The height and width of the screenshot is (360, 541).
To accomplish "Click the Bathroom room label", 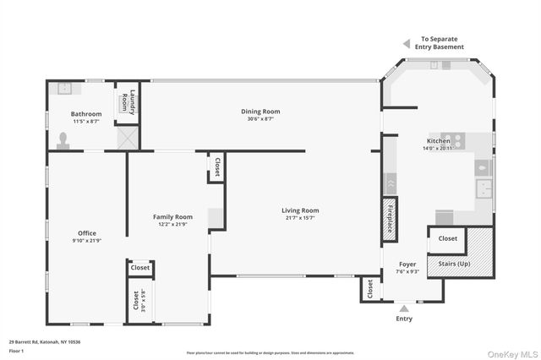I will pos(86,113).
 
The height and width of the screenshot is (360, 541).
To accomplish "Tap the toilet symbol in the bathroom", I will pos(63,141).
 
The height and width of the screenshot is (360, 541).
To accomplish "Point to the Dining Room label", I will pos(260,111).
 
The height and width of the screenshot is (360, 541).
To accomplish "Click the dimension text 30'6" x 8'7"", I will pos(260,118).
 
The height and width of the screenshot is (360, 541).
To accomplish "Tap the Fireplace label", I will pos(390,217).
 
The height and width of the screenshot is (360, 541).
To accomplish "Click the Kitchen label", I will pos(438,140).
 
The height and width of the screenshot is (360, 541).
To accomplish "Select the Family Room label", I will pos(172,217).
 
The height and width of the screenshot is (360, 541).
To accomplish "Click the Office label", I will pos(86,233).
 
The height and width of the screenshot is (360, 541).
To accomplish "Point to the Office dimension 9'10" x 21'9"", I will pos(86,241).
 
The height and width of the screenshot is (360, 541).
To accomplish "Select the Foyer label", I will pos(407,263).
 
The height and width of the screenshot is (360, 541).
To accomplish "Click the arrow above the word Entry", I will pos(404,308).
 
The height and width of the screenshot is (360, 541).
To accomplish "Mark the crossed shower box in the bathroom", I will pos(127,138).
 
